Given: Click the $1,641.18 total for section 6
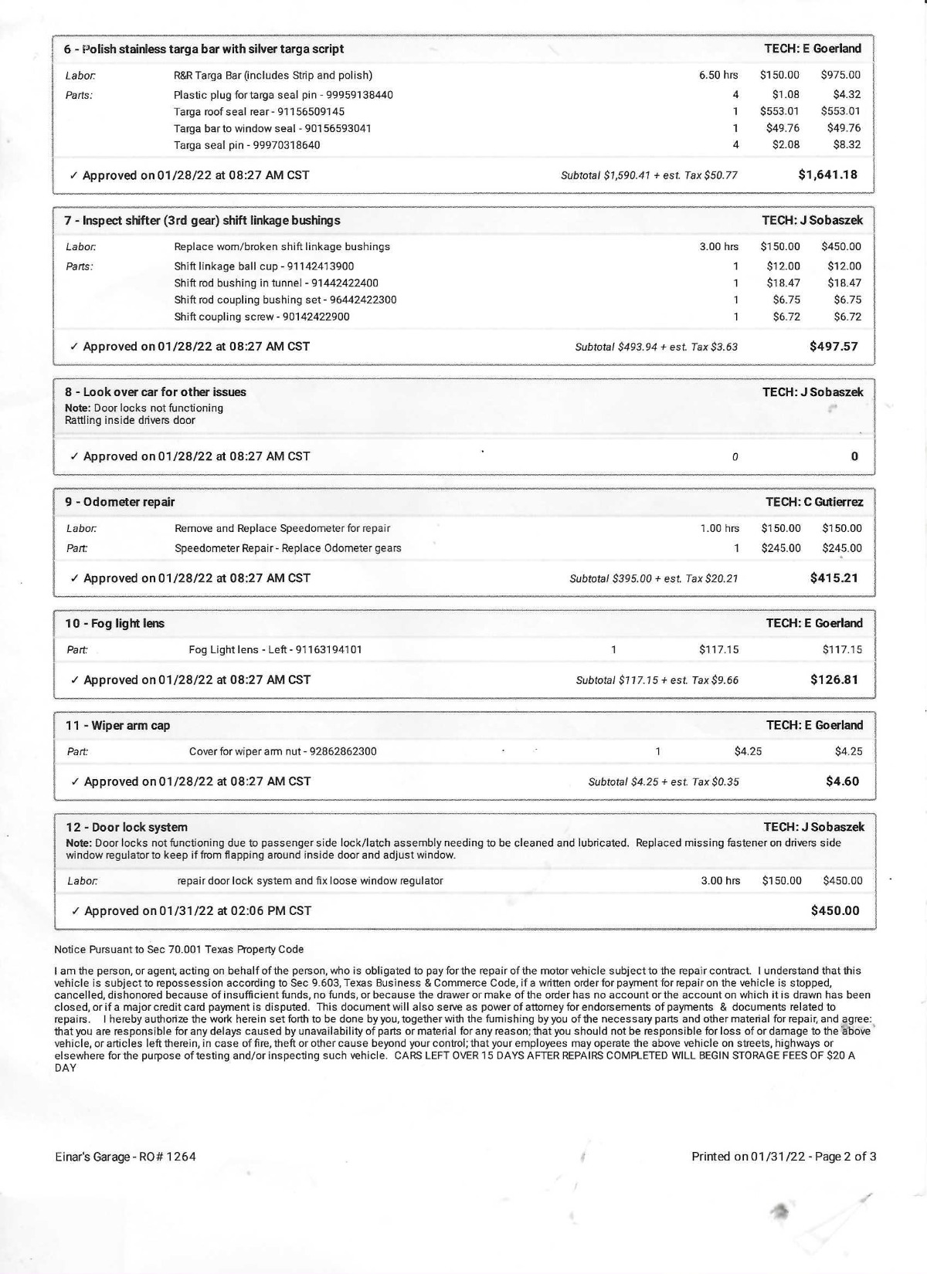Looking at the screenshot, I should click(x=827, y=174).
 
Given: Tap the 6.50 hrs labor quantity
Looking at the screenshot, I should click(x=718, y=75).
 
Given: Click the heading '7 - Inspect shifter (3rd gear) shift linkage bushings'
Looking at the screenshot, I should click(x=202, y=220).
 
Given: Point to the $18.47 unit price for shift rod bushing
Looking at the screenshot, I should click(x=783, y=283).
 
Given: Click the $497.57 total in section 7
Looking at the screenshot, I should click(x=834, y=346).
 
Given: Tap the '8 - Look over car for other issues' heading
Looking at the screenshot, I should click(x=155, y=391).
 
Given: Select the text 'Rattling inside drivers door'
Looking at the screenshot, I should click(x=130, y=420).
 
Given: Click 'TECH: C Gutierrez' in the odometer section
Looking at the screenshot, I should click(x=814, y=502).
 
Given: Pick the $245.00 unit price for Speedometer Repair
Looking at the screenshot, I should click(x=781, y=548).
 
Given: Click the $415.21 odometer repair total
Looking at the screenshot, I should click(x=834, y=578).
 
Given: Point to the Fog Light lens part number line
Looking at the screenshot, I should click(x=275, y=649).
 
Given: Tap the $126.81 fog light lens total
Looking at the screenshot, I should click(x=834, y=679).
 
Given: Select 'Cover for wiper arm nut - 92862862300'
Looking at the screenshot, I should click(x=283, y=751).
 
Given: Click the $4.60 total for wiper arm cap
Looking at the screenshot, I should click(x=842, y=781).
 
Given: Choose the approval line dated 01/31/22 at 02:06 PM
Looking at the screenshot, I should click(x=197, y=910).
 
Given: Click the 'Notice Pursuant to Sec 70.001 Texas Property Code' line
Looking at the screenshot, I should click(x=179, y=949).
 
